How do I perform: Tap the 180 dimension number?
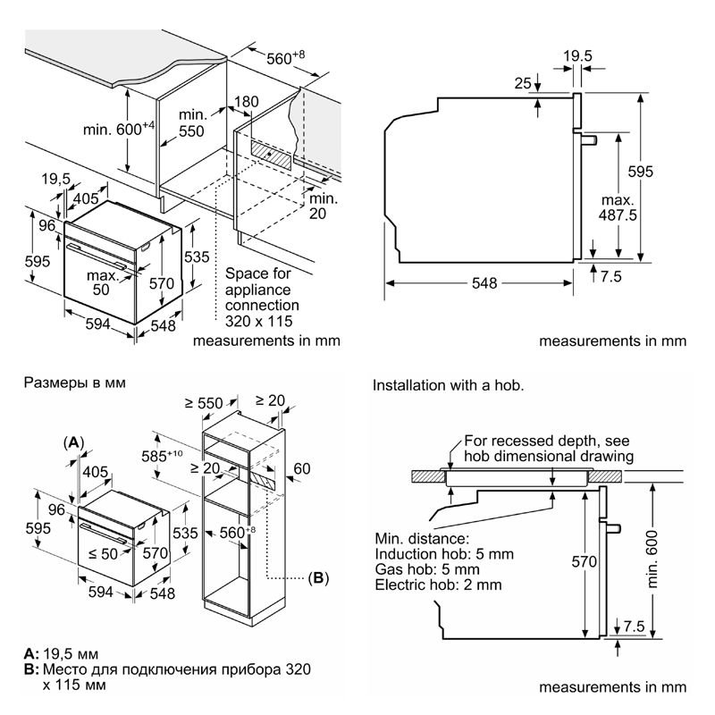pyautogui.click(x=247, y=103)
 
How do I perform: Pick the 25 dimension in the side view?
pyautogui.click(x=524, y=84)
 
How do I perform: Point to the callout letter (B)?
pyautogui.click(x=318, y=578)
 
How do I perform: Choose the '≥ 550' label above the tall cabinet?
pyautogui.click(x=205, y=404)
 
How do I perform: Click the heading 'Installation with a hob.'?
pyautogui.click(x=448, y=385)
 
